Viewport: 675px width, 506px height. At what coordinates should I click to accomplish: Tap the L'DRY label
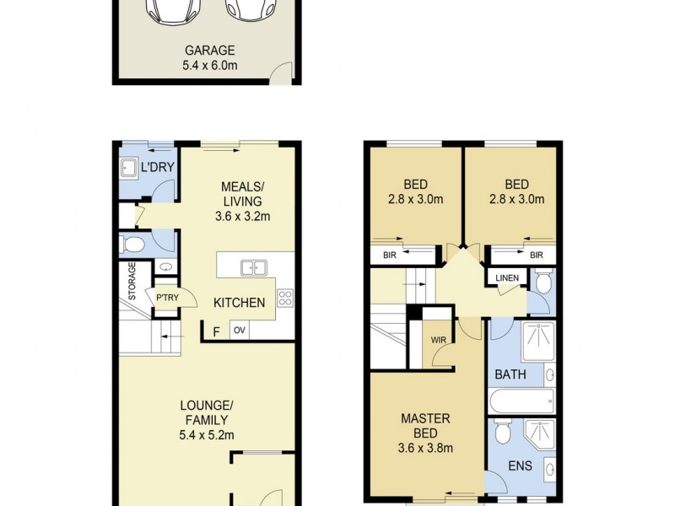[157, 167]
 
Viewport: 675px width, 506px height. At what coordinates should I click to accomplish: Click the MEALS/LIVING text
[242, 193]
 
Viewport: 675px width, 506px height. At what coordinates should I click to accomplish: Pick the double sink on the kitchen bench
[253, 268]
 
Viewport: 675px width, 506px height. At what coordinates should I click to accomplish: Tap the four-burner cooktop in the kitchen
[285, 296]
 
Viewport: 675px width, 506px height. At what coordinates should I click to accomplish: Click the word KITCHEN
[239, 303]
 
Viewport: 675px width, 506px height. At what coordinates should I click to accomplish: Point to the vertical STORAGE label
[132, 283]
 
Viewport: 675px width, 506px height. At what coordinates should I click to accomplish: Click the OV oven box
[239, 330]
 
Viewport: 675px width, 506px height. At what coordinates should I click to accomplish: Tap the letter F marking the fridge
[216, 331]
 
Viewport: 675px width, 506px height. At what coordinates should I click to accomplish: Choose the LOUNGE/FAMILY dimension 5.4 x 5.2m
[206, 435]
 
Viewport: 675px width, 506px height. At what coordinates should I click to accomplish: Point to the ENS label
[518, 466]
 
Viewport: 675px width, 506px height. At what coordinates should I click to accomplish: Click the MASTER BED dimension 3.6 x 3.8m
[426, 449]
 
